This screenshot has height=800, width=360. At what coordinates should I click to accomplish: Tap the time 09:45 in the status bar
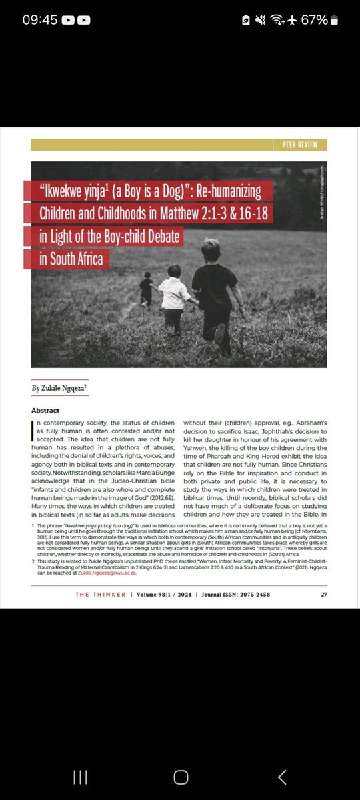coord(39,20)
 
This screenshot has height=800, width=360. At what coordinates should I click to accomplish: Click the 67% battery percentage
coord(314,20)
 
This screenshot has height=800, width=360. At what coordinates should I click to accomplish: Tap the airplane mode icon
coord(291,20)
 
